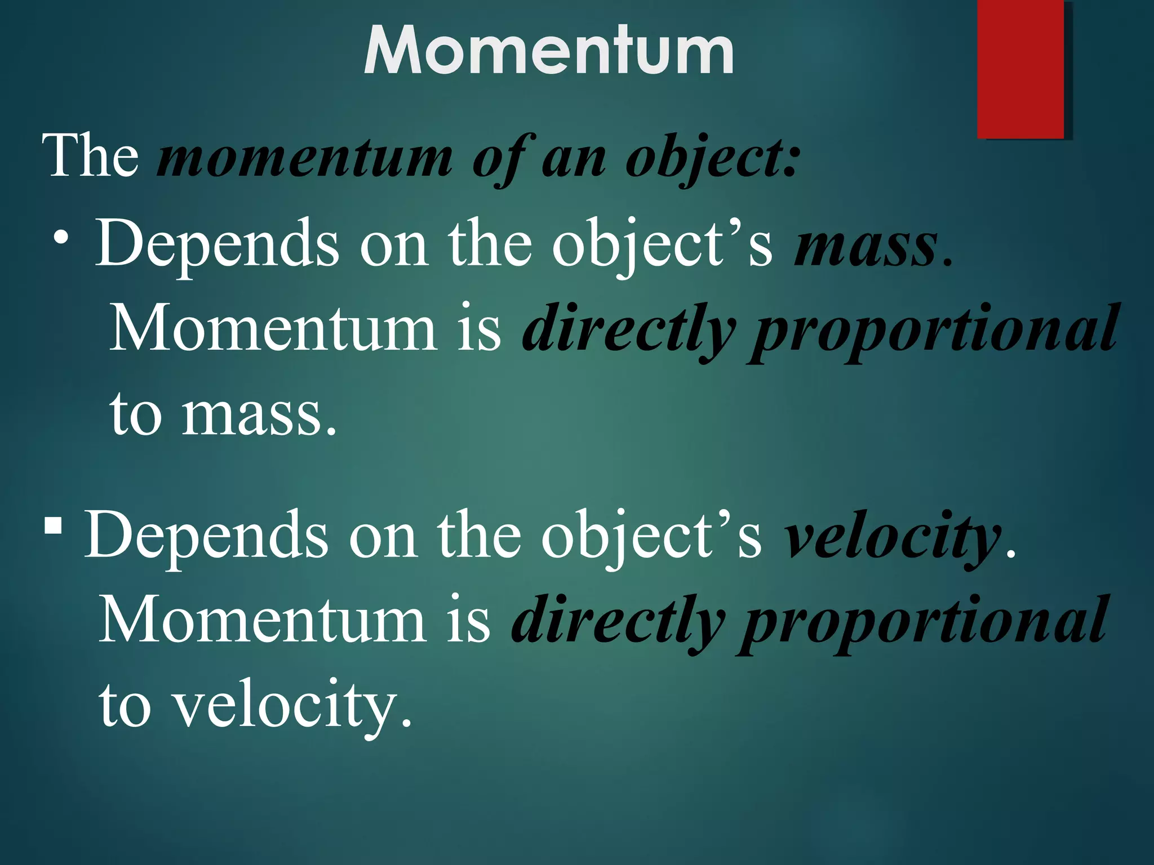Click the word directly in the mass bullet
pyautogui.click(x=628, y=329)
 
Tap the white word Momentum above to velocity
pyautogui.click(x=262, y=619)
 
